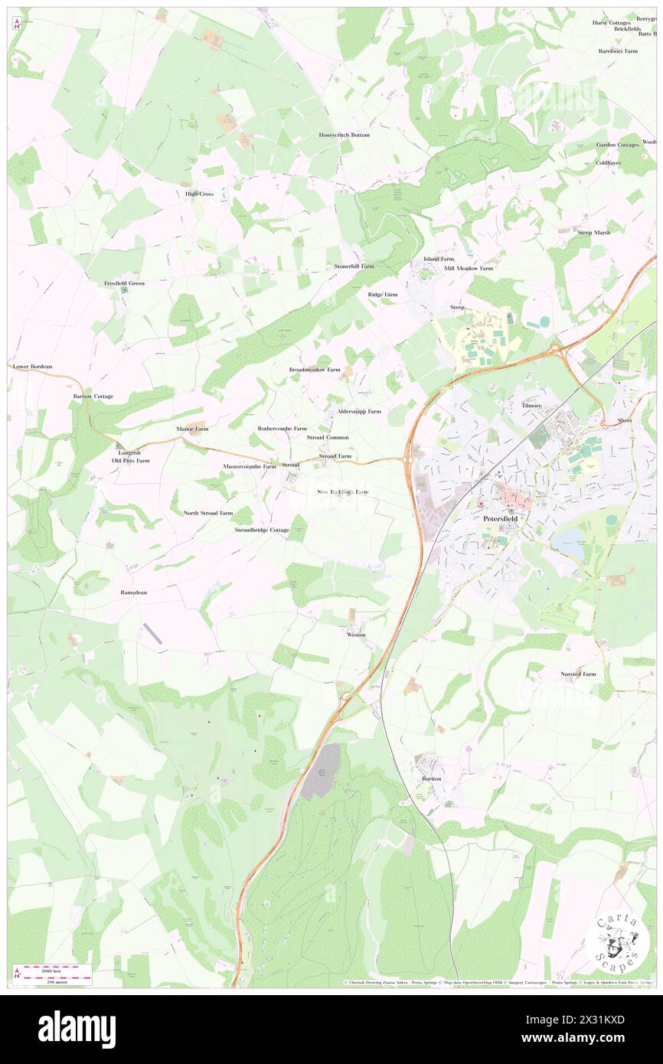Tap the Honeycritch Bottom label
pyautogui.click(x=345, y=135)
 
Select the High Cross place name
pyautogui.click(x=200, y=194)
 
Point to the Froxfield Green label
pyautogui.click(x=125, y=283)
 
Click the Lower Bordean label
pyautogui.click(x=33, y=367)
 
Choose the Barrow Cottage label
pyautogui.click(x=93, y=397)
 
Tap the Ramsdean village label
pyautogui.click(x=134, y=592)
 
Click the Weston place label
pyautogui.click(x=356, y=635)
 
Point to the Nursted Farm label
pyautogui.click(x=578, y=674)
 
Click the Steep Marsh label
pyautogui.click(x=594, y=232)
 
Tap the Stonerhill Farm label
pyautogui.click(x=354, y=266)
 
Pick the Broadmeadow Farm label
pyautogui.click(x=315, y=369)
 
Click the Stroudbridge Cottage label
pyautogui.click(x=262, y=530)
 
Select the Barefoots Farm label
pyautogui.click(x=619, y=51)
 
